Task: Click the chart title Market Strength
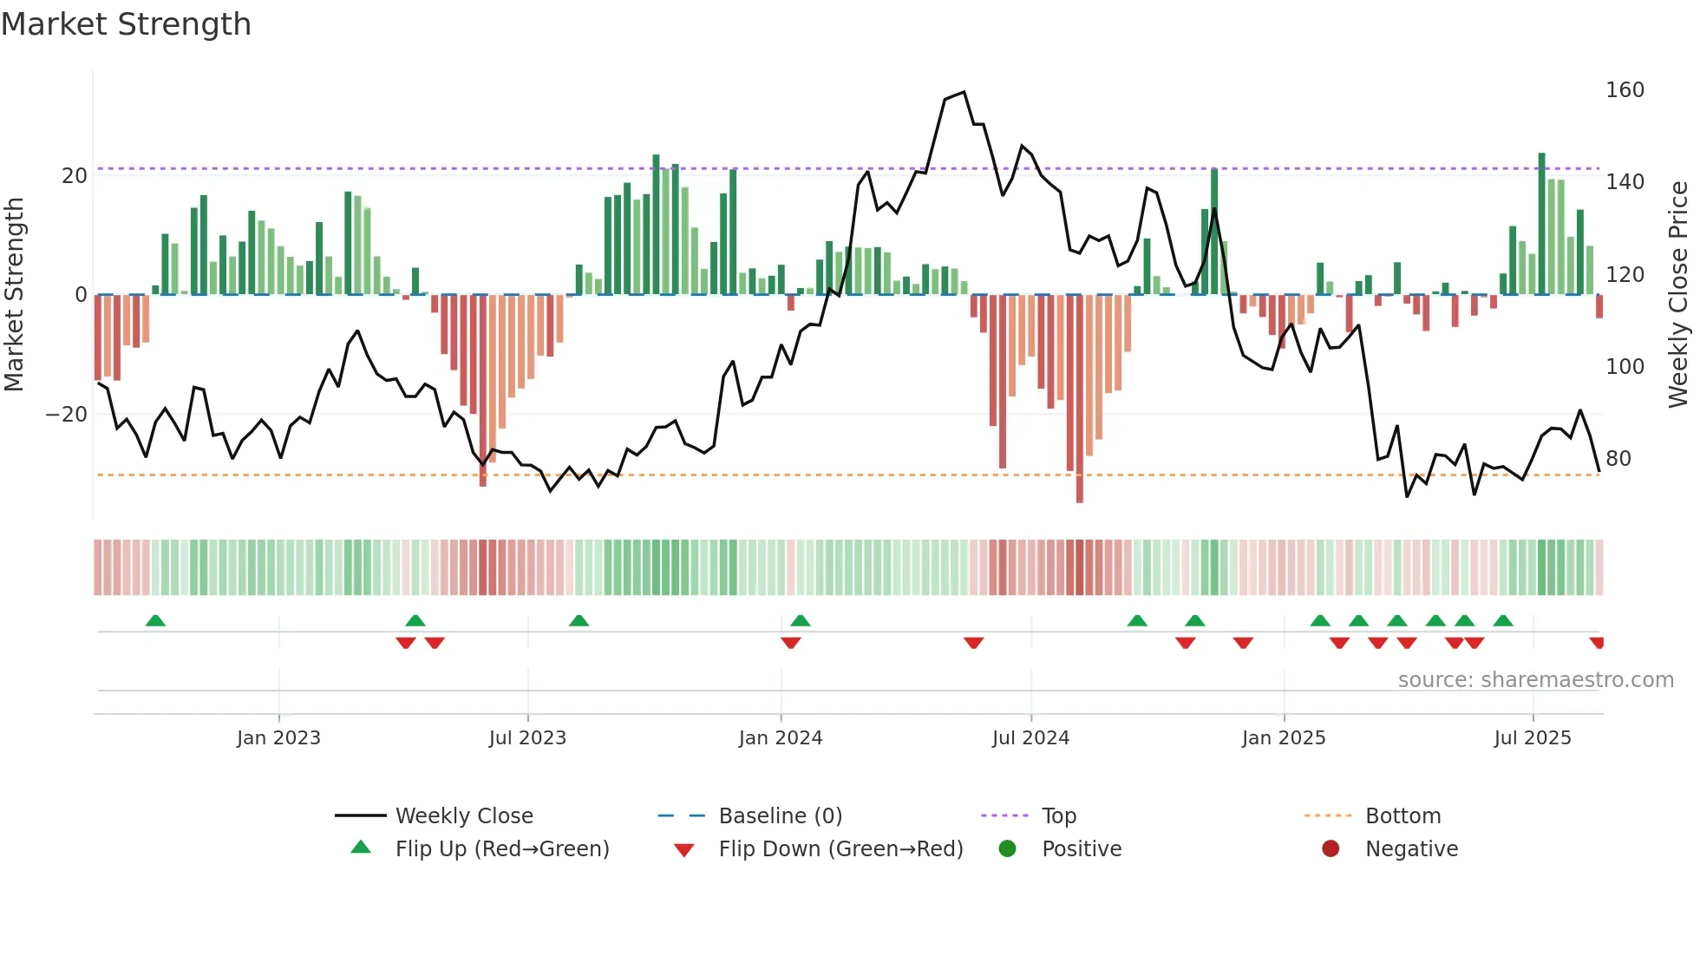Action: pyautogui.click(x=127, y=24)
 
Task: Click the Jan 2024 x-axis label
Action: pyautogui.click(x=780, y=738)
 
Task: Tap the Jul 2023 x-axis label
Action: pyautogui.click(x=526, y=738)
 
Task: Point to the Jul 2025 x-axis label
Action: pyautogui.click(x=1532, y=738)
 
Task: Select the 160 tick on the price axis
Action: pyautogui.click(x=1624, y=90)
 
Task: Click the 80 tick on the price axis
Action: pyautogui.click(x=1618, y=459)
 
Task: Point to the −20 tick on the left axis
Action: pyautogui.click(x=67, y=415)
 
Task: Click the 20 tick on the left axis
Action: pyautogui.click(x=75, y=176)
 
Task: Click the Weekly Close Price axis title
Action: pyautogui.click(x=1678, y=295)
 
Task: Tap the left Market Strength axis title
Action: pyautogui.click(x=14, y=295)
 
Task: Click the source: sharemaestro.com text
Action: pyautogui.click(x=1535, y=680)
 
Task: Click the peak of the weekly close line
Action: pyautogui.click(x=964, y=93)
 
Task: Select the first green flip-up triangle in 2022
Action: pyautogui.click(x=155, y=621)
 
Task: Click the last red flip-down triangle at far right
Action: pyautogui.click(x=1597, y=643)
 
